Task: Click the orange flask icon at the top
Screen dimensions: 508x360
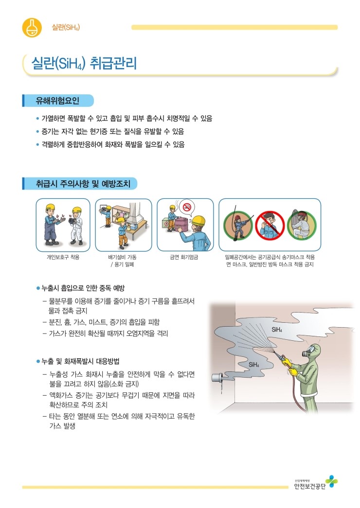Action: (x=32, y=27)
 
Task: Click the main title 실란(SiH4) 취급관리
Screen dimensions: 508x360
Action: (x=84, y=64)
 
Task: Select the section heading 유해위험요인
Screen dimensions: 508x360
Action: (x=58, y=101)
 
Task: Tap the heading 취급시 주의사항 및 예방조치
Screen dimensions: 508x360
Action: (x=80, y=184)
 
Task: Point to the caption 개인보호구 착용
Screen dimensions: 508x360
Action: (x=63, y=257)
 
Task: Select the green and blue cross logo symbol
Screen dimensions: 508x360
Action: (x=332, y=481)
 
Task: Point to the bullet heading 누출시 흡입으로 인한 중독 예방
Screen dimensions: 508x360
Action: (x=83, y=288)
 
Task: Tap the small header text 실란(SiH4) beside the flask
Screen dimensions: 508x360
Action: (x=66, y=27)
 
